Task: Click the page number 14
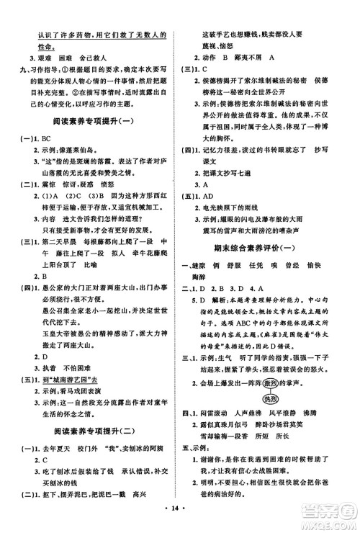tap(180, 517)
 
